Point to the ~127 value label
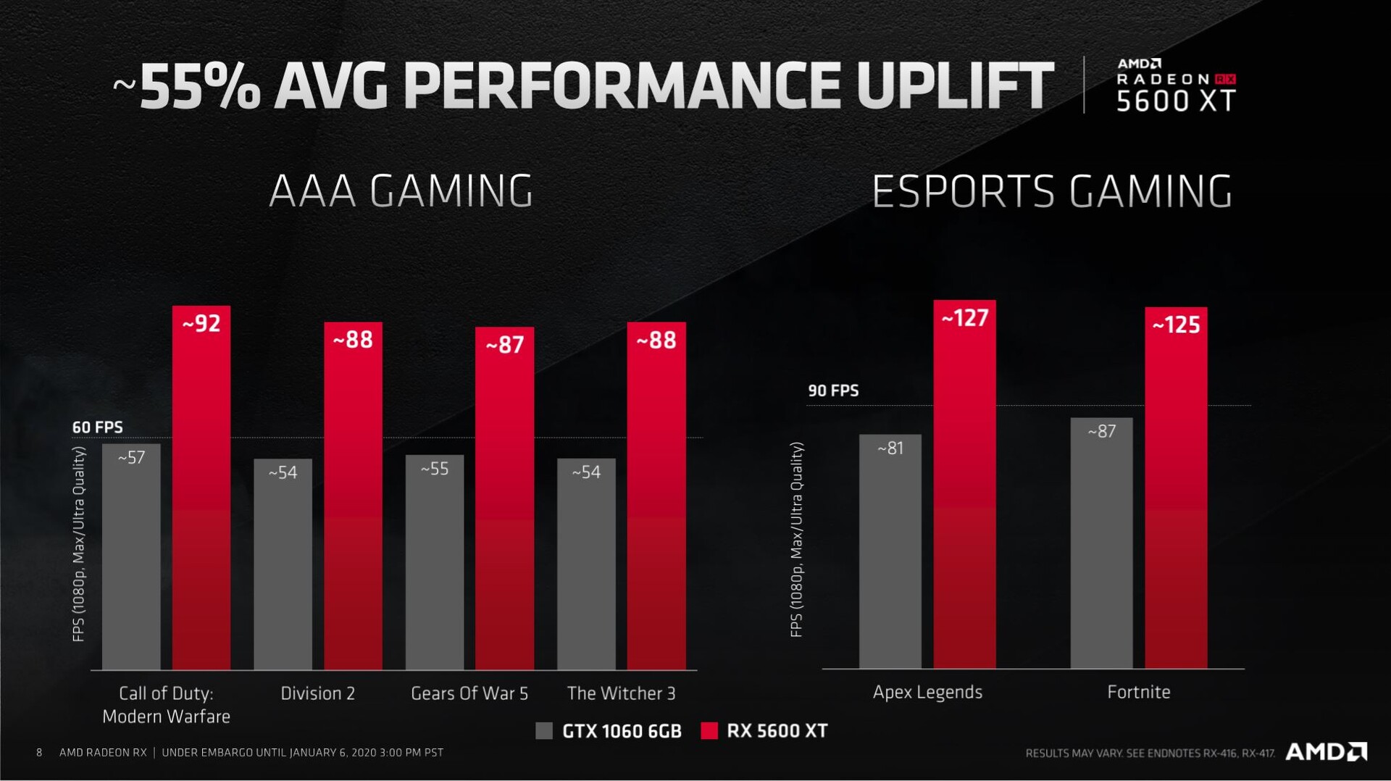[x=964, y=318]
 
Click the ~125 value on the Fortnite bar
[x=1176, y=325]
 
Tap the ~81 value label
[x=890, y=448]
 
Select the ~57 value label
[x=131, y=457]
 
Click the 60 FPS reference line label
[x=97, y=427]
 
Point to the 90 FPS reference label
[x=833, y=390]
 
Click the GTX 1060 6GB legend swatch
[x=544, y=730]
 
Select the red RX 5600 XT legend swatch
[x=709, y=730]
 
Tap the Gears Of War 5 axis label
[x=469, y=693]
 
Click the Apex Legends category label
[x=927, y=692]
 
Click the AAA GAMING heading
[x=401, y=191]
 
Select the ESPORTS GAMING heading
[x=1051, y=191]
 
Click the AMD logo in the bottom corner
[x=1326, y=751]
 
